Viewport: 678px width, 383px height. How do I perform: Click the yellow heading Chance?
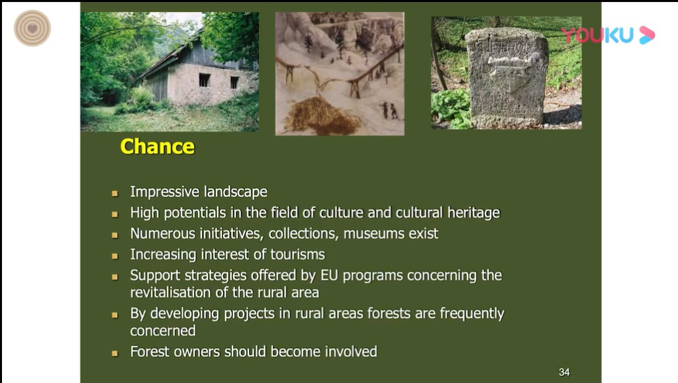tap(158, 146)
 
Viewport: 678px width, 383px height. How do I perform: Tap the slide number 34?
tap(564, 372)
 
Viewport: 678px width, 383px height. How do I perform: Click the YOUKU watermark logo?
tap(608, 35)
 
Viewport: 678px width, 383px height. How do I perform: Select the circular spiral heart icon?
tap(32, 28)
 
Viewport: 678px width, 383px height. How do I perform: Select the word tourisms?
tap(297, 254)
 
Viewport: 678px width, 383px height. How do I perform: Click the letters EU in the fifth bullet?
tap(329, 275)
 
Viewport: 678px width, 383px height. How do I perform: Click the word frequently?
tap(472, 314)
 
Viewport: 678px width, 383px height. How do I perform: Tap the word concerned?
tap(163, 331)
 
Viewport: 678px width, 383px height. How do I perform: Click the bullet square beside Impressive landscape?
tap(115, 193)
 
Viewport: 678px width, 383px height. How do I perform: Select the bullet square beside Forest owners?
tap(115, 353)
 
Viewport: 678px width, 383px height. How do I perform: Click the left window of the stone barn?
tap(204, 80)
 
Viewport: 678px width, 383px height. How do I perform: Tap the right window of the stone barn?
tap(234, 83)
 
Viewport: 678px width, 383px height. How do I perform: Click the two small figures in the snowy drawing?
tap(389, 110)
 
